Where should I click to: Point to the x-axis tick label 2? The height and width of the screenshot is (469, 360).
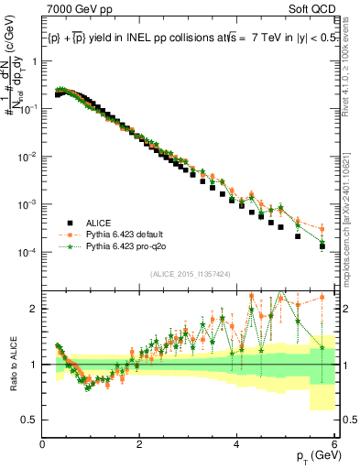(139, 445)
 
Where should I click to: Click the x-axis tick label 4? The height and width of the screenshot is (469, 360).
(236, 445)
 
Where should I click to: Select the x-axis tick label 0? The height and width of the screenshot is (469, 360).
(43, 445)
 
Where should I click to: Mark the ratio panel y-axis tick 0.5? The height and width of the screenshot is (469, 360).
(30, 420)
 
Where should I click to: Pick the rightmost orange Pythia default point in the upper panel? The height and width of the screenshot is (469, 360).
(322, 229)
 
